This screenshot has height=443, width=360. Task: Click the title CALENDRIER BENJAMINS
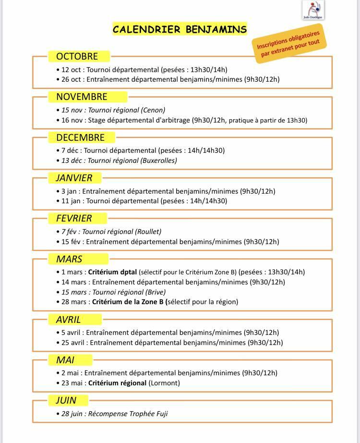tap(180, 29)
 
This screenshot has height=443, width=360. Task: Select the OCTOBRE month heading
tap(77, 56)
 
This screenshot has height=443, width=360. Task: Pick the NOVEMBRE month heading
tap(82, 97)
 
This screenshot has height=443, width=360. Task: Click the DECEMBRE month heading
tap(80, 137)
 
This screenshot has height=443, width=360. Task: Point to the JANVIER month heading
tap(74, 178)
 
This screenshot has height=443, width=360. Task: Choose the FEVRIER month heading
tap(74, 218)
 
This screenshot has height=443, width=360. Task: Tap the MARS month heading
tap(69, 259)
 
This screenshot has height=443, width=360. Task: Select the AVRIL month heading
tap(69, 320)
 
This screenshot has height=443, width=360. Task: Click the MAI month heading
tap(65, 360)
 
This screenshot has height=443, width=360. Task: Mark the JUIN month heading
tap(66, 400)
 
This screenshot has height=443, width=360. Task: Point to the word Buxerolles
tap(158, 160)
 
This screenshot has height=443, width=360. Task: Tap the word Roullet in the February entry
tap(148, 232)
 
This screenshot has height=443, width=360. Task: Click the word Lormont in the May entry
tap(165, 383)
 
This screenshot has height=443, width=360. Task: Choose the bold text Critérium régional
tap(118, 383)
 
